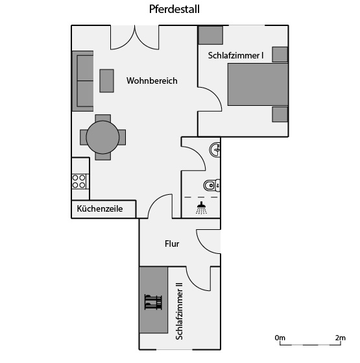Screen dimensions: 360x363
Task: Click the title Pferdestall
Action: click(x=174, y=9)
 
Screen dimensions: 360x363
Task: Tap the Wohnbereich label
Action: click(x=152, y=81)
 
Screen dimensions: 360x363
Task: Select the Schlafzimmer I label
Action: click(x=235, y=56)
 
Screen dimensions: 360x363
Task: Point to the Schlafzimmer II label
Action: click(x=179, y=311)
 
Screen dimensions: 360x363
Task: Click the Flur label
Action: click(x=172, y=244)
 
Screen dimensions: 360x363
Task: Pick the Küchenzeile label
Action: click(x=100, y=208)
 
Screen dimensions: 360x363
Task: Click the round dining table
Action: click(x=102, y=137)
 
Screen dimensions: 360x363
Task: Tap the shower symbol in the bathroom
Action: click(x=202, y=208)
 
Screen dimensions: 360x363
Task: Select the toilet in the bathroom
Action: click(x=211, y=185)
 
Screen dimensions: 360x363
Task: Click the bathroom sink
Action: click(x=215, y=150)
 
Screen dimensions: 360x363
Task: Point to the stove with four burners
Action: click(x=79, y=182)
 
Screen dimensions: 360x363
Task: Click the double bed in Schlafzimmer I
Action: click(x=258, y=84)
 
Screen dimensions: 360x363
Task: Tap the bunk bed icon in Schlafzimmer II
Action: click(x=153, y=302)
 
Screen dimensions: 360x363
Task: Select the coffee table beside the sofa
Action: click(x=106, y=81)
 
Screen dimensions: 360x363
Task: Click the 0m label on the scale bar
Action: click(x=280, y=338)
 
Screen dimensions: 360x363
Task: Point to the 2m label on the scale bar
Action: click(x=341, y=338)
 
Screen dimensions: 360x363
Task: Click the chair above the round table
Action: click(x=103, y=118)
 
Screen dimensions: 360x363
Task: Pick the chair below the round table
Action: click(x=103, y=156)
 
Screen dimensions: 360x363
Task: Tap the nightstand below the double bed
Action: click(x=280, y=114)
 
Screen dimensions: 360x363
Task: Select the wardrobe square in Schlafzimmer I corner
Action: click(x=211, y=35)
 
